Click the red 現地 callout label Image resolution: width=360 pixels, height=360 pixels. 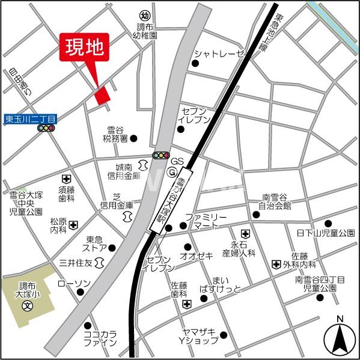(84, 46)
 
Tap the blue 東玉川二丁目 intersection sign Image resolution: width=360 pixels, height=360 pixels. (29, 120)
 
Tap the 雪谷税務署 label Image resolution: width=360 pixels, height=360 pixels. (115, 133)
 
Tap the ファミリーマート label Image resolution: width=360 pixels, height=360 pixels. (206, 221)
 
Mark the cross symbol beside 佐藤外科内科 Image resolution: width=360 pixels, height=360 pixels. (275, 264)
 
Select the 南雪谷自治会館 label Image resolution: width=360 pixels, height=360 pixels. (275, 201)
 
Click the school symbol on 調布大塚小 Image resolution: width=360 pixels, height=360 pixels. (27, 306)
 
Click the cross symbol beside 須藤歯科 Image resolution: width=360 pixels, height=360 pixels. (66, 178)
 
